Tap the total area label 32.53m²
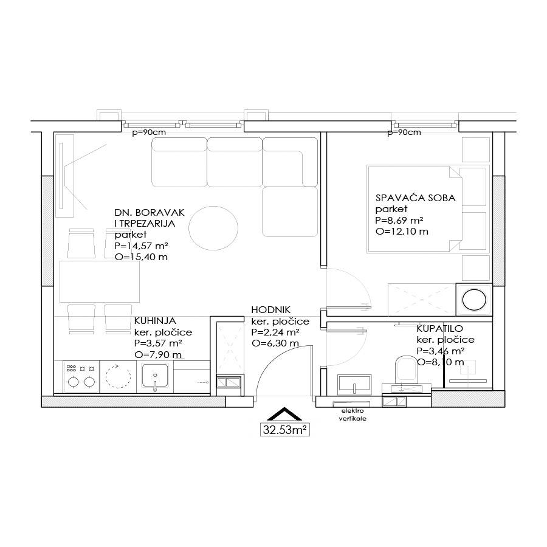[x=284, y=430]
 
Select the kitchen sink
[x=155, y=377]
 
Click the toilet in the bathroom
[x=407, y=367]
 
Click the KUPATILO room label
[x=439, y=329]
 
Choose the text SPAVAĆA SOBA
[x=416, y=198]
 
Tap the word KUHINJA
[x=155, y=321]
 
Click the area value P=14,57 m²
[x=141, y=246]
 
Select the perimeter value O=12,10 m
[x=402, y=232]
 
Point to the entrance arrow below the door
[x=284, y=414]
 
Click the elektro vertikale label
[x=353, y=415]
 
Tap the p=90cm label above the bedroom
[x=404, y=132]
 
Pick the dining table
[x=100, y=281]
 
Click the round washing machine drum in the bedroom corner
[x=474, y=300]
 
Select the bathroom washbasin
[x=354, y=385]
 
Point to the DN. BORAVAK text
[x=150, y=213]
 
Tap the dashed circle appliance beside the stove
[x=118, y=377]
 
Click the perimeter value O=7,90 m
[x=158, y=355]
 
